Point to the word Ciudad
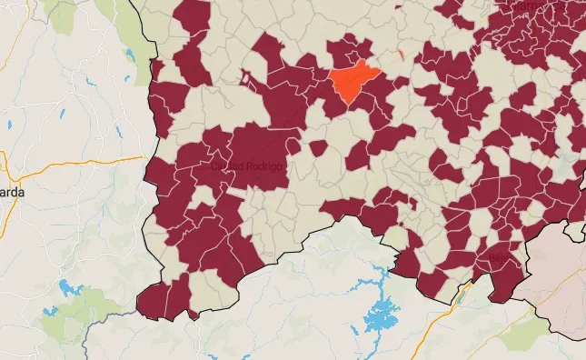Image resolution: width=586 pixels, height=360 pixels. pos(224,166)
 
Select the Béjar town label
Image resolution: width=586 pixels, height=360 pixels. pos(501,257)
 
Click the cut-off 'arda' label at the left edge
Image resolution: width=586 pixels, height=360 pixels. pos(11,194)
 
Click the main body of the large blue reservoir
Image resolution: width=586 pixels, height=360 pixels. pos(380,316)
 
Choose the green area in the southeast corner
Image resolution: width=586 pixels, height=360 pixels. pos(518,335)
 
